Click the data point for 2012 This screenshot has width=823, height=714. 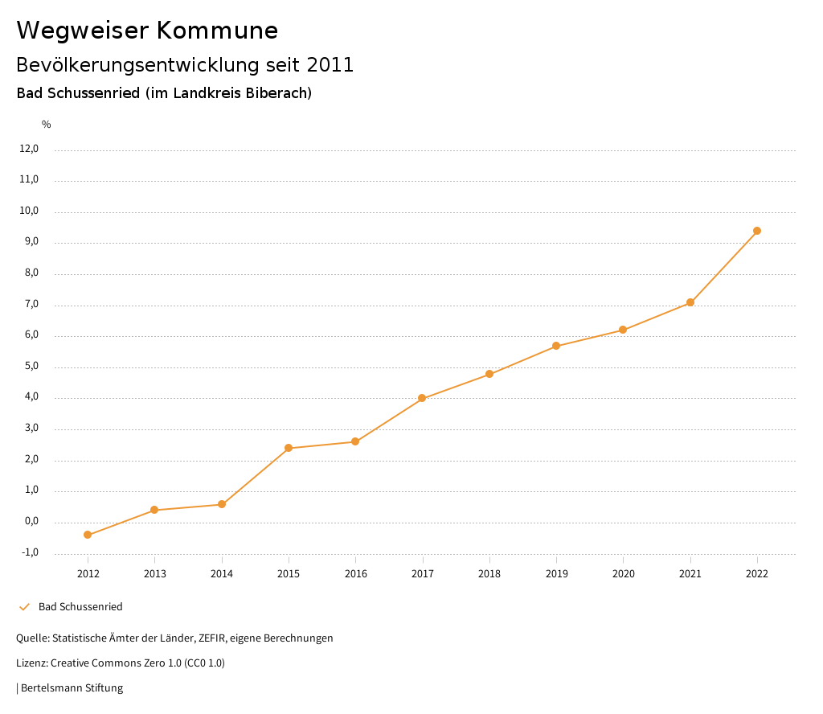[x=88, y=535]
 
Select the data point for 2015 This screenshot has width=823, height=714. [x=289, y=448]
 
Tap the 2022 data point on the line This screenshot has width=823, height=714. [x=757, y=231]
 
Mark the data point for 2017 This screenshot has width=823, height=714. [x=422, y=398]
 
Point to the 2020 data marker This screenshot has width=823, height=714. [x=623, y=330]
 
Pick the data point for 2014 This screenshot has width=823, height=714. [x=222, y=504]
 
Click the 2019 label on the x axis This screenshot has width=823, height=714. [x=556, y=573]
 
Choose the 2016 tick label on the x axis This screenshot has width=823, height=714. [x=355, y=573]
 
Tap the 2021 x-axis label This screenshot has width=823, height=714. [x=690, y=573]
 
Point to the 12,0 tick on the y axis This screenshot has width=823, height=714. [x=29, y=149]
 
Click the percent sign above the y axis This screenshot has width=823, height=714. [x=47, y=125]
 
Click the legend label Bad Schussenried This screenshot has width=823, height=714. [x=80, y=606]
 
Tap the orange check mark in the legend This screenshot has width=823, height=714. [x=24, y=606]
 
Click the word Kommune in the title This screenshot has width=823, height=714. [x=217, y=31]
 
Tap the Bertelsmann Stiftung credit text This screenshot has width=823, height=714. [x=72, y=687]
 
